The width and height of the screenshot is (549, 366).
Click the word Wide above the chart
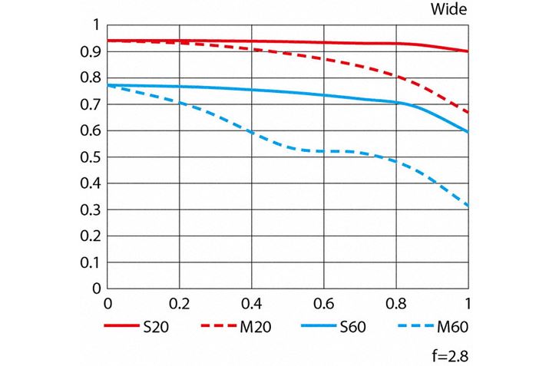(x=449, y=10)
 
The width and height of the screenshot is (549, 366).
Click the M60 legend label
(x=451, y=328)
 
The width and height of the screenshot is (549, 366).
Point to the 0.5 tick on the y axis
(x=91, y=157)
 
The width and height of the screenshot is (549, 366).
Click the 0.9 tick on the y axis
(x=91, y=51)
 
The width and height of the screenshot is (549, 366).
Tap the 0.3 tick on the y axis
(x=91, y=209)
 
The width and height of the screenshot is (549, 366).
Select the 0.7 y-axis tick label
(x=91, y=104)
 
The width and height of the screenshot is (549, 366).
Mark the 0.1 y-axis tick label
(x=91, y=262)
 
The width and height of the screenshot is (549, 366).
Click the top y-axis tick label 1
(x=96, y=25)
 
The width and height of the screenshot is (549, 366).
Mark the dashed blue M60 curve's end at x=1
(x=468, y=206)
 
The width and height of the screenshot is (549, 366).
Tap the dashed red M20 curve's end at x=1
(x=468, y=112)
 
